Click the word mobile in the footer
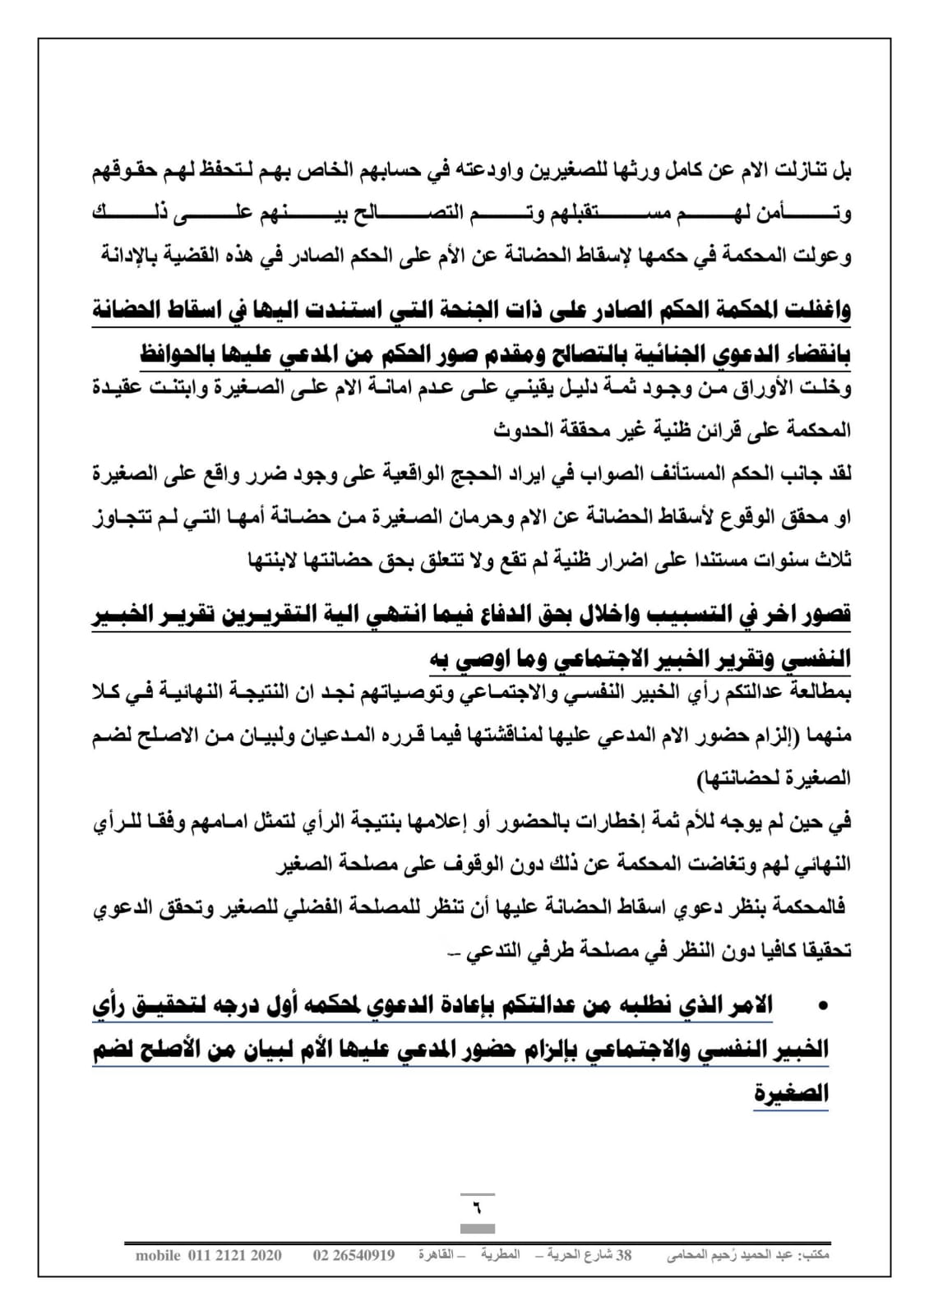click(x=158, y=1255)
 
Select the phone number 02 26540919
click(x=354, y=1255)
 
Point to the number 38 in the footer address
click(x=624, y=1255)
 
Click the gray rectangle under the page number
click(x=477, y=1229)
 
